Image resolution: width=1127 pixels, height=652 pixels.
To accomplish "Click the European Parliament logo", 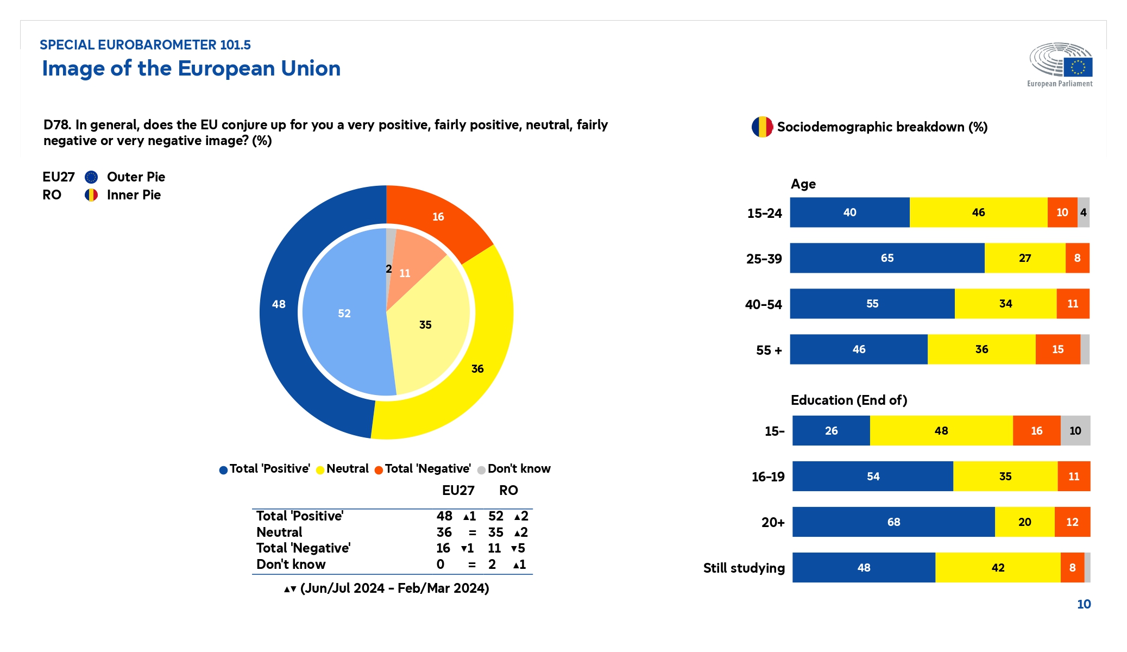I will (x=1060, y=64).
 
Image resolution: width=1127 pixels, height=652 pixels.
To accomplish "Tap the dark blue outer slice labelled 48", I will (x=279, y=304).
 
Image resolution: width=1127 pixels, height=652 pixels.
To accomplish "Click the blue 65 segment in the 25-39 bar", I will (x=887, y=258).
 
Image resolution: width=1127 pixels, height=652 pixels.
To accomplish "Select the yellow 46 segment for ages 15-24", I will (x=978, y=212).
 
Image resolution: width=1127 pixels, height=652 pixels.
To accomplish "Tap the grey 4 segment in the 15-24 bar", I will (x=1084, y=212).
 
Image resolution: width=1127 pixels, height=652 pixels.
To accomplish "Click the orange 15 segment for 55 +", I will (x=1057, y=349).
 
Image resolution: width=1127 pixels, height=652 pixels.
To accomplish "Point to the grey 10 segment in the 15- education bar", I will (x=1075, y=431).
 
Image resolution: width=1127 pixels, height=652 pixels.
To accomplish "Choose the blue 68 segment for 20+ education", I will (x=893, y=522).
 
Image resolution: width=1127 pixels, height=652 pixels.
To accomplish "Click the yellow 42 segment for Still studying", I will (x=998, y=568).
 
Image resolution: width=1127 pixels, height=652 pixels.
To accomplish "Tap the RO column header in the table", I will (x=508, y=491).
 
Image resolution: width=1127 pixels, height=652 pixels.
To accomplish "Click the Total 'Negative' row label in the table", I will (x=304, y=548).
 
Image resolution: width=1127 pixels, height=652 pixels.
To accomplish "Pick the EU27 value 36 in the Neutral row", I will (x=444, y=532).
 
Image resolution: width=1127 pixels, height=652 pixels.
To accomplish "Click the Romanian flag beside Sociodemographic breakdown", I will (x=762, y=127).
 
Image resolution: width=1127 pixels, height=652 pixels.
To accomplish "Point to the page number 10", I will (x=1084, y=604).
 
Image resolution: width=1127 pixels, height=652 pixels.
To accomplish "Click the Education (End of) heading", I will (x=849, y=400).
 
